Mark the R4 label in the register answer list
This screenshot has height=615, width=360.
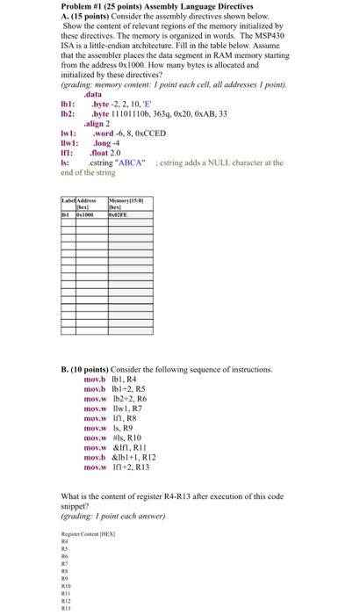pos(63,542)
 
